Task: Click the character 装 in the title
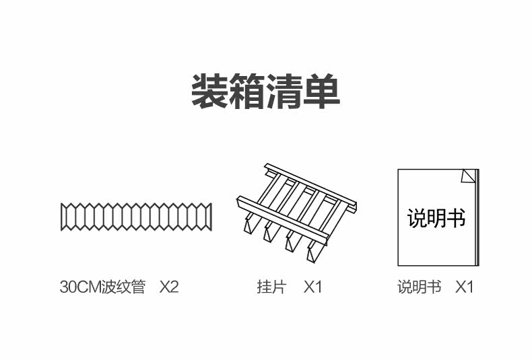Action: [210, 92]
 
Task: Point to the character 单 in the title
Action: [321, 92]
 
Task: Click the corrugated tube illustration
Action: [136, 217]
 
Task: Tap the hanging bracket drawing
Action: [296, 213]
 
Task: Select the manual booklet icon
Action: [438, 217]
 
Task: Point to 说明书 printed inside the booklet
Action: [436, 217]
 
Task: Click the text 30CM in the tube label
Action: [80, 287]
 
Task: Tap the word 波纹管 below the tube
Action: [123, 287]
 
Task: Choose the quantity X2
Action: [169, 287]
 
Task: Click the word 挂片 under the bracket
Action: [272, 287]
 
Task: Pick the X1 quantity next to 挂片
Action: [312, 287]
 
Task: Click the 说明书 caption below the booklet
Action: [420, 287]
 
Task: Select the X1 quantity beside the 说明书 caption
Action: [464, 287]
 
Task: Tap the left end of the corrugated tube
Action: [61, 217]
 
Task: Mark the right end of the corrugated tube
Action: [211, 217]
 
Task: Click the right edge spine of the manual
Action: [477, 217]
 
